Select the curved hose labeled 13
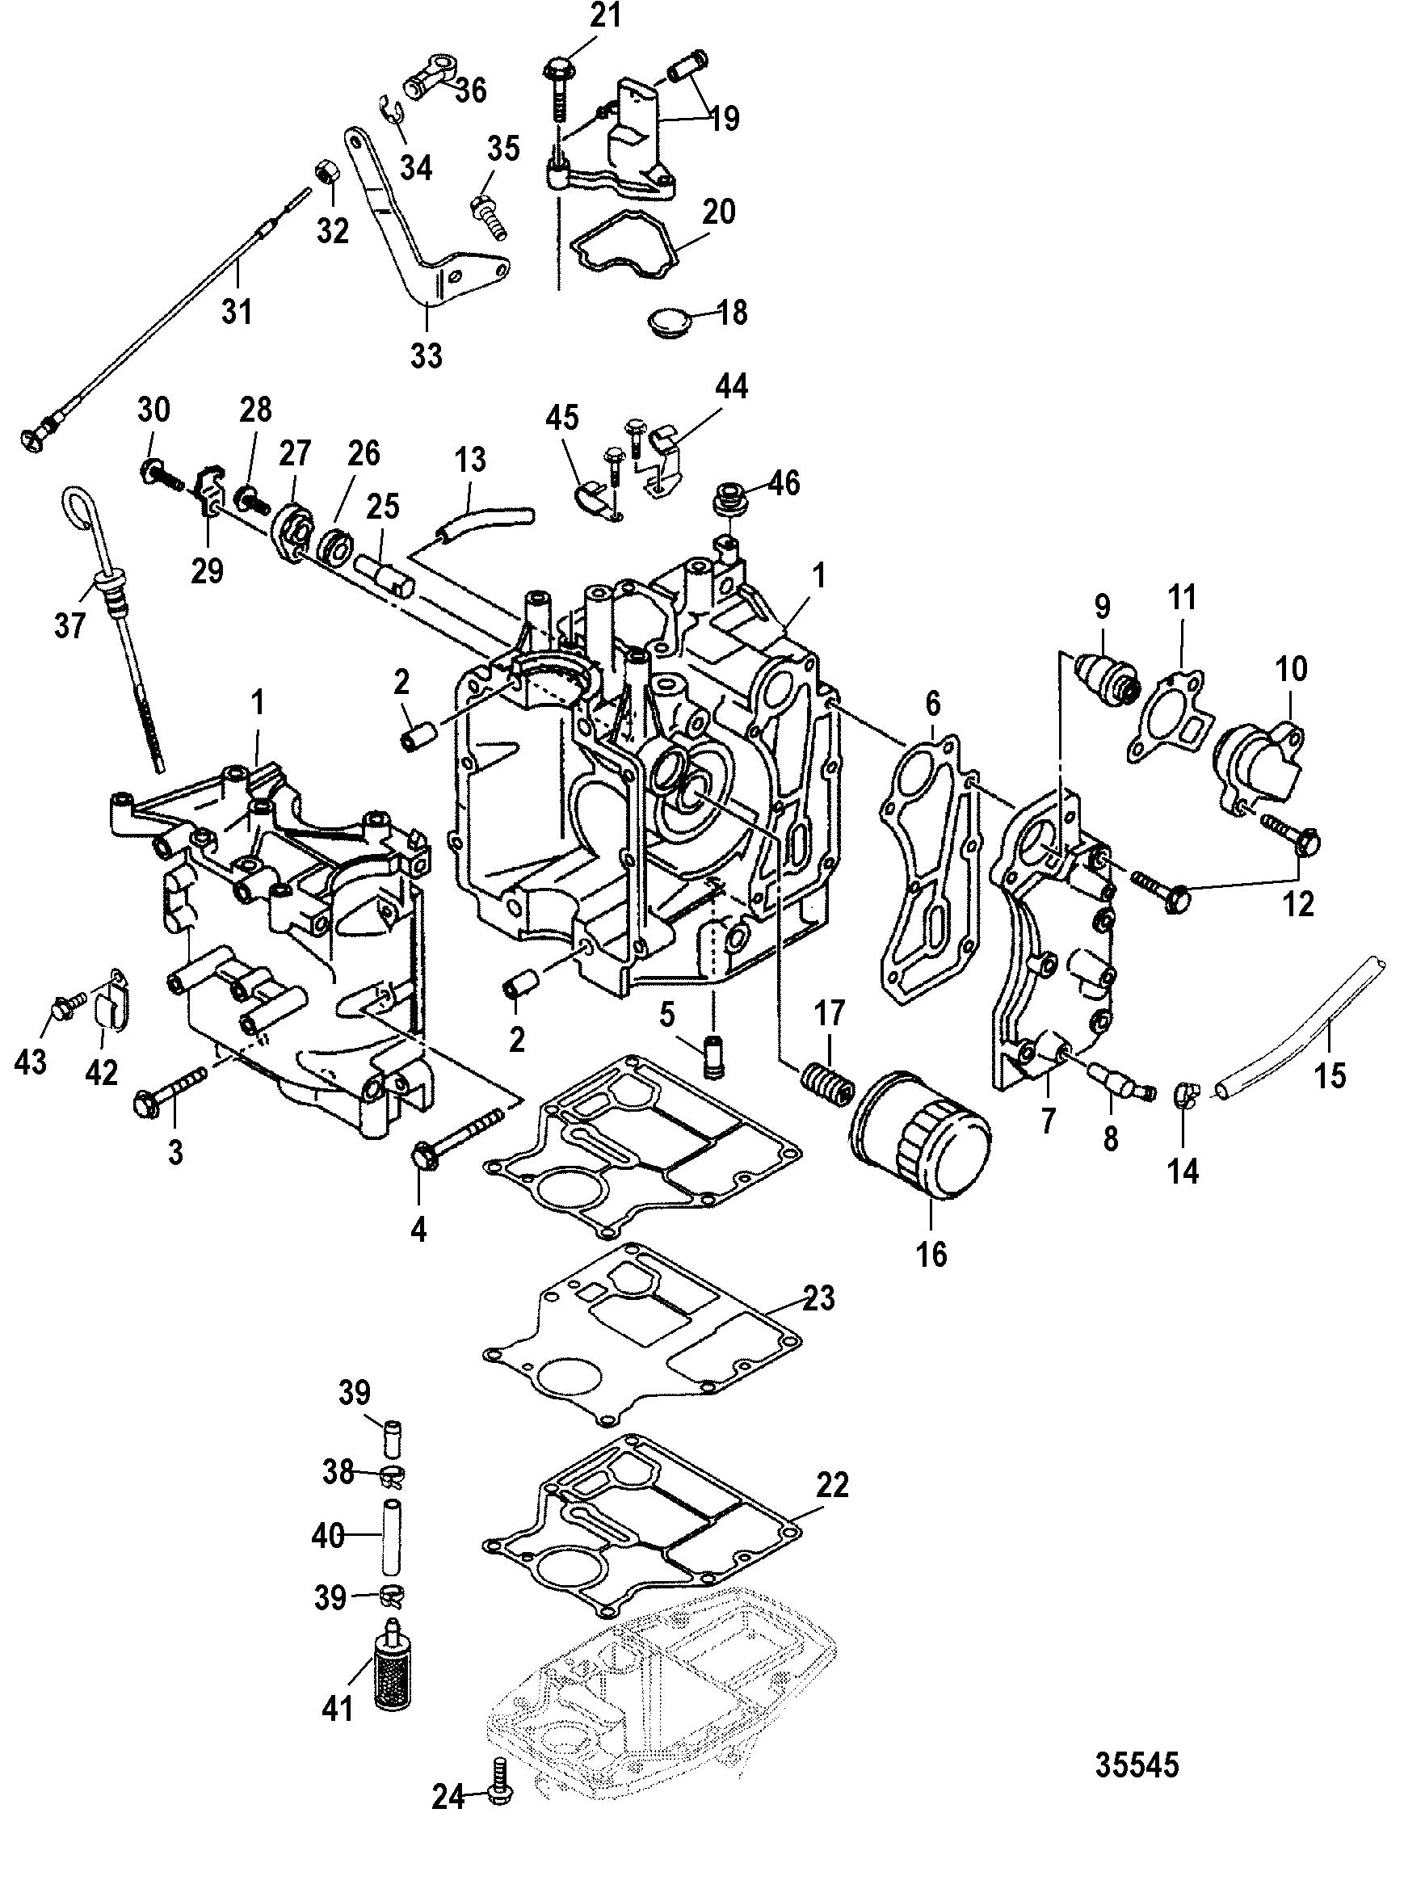[483, 522]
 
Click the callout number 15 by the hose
[1330, 1074]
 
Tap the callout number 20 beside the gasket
[718, 211]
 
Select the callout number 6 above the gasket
[931, 703]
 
